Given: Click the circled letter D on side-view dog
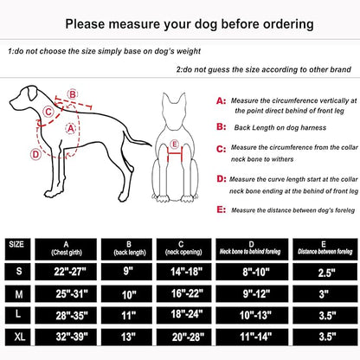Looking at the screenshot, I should pos(35,155).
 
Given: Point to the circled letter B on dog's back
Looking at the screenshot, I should pos(73,93).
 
